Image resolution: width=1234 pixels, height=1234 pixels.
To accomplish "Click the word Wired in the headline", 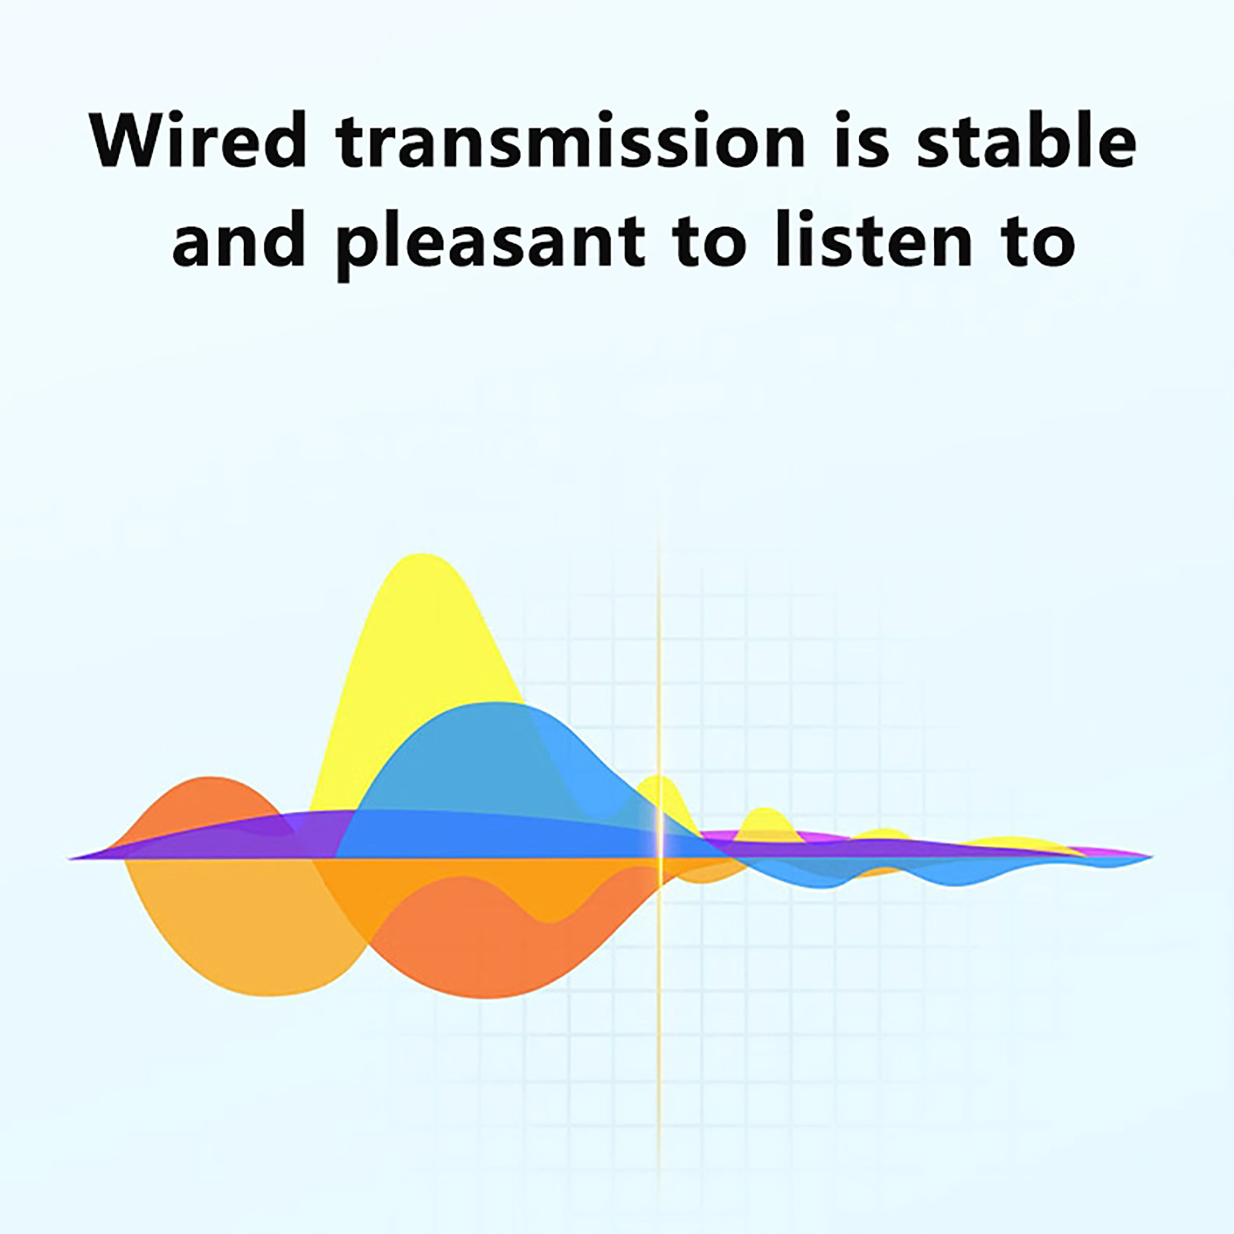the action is click(198, 140).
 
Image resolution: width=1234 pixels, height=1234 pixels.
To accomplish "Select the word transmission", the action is click(571, 140).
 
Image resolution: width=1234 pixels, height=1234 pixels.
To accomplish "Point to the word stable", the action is click(1027, 140).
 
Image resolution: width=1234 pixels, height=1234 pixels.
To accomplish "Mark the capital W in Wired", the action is click(134, 140).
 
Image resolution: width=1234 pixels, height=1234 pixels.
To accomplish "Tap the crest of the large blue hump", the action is click(487, 703).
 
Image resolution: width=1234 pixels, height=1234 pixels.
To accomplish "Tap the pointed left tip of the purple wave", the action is click(71, 858).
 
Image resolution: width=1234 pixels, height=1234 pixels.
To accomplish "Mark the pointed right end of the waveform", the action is click(1152, 856).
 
